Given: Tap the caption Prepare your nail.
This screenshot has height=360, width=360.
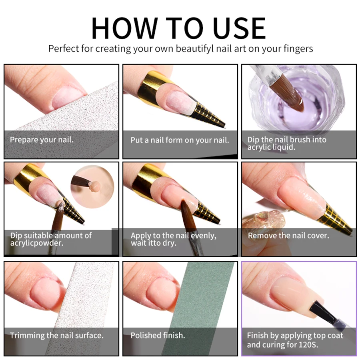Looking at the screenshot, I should pyautogui.click(x=42, y=140).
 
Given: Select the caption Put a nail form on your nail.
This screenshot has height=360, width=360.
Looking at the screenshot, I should pyautogui.click(x=180, y=140).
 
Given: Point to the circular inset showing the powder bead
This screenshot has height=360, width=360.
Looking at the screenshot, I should pyautogui.click(x=92, y=186).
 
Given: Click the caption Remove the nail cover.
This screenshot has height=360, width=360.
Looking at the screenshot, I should pyautogui.click(x=288, y=236).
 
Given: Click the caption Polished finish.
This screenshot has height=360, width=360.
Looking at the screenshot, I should pyautogui.click(x=158, y=336).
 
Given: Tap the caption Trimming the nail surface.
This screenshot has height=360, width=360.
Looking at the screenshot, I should pyautogui.click(x=56, y=336).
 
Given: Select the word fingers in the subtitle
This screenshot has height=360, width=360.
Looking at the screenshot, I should pyautogui.click(x=298, y=49).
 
